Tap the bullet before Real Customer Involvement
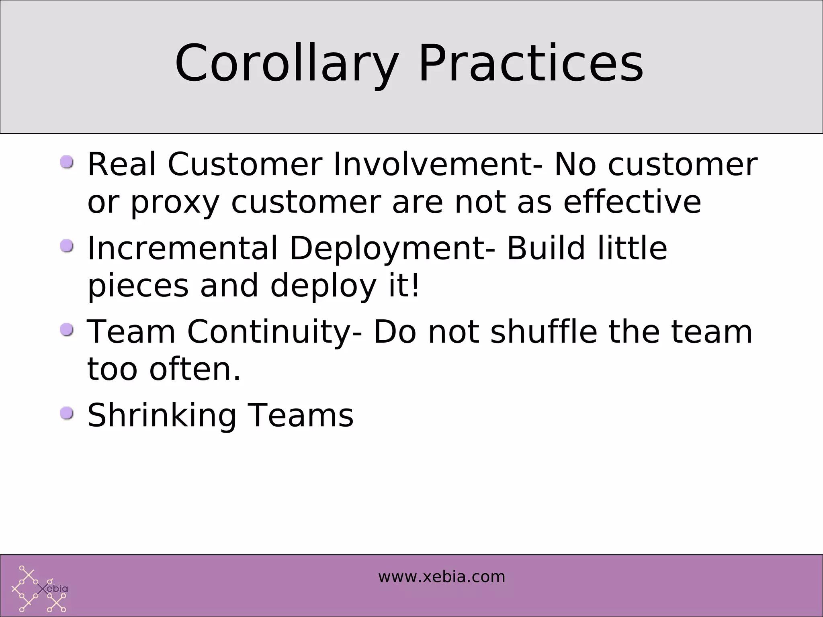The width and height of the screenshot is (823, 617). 67,162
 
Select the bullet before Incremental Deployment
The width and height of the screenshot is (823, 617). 67,246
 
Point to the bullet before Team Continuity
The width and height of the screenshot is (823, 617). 67,330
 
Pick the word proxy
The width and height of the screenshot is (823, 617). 175,202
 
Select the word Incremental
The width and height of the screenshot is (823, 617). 183,248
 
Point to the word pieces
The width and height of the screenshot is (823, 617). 138,286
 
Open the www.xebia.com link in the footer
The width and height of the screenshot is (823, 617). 441,577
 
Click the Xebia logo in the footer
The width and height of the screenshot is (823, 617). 39,589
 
